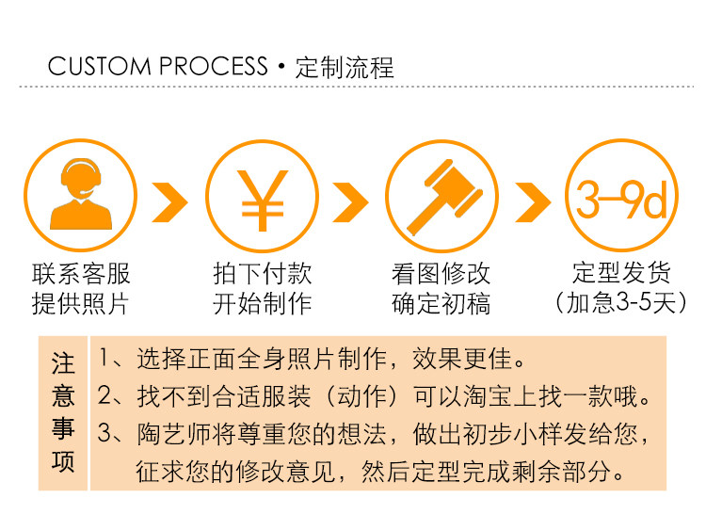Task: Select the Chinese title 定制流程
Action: (345, 68)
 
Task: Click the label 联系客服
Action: (81, 274)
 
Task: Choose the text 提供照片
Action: (81, 303)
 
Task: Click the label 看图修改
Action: (441, 274)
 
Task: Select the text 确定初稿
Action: (441, 303)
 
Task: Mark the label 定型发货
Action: (620, 274)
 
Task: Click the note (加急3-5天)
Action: (620, 303)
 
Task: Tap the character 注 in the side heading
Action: (63, 362)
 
